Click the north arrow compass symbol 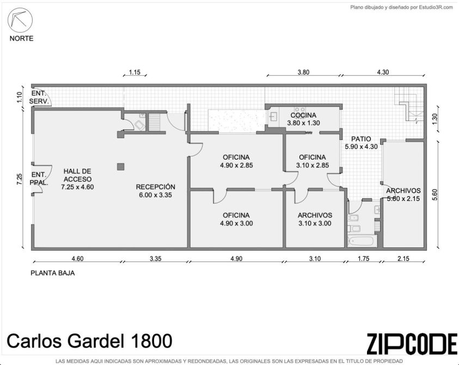point(20,20)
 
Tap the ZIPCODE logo point(412,344)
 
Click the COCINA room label point(303,115)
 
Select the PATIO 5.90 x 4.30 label point(361,143)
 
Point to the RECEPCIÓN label point(155,187)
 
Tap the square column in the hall point(121,167)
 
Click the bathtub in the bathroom point(360,242)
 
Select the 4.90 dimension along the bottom point(236,259)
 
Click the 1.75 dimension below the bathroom point(363,259)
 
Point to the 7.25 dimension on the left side point(19,179)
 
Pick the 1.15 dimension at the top point(134,72)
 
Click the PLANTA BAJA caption point(53,273)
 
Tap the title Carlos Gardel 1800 point(89,341)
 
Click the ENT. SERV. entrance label point(39,98)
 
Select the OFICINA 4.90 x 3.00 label point(236,219)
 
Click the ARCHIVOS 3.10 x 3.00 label point(315,219)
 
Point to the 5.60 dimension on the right point(434,194)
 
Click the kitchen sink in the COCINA point(273,117)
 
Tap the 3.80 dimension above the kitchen point(303,72)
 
